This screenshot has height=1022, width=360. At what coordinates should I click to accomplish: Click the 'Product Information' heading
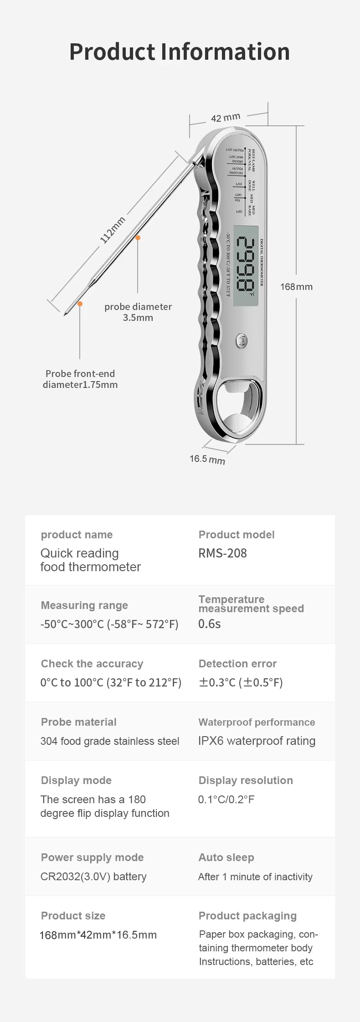[x=180, y=52]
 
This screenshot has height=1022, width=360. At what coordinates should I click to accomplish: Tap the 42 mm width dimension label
[x=225, y=118]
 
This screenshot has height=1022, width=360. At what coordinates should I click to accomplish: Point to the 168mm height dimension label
[x=296, y=287]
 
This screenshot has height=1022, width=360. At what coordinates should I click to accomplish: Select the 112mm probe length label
[x=113, y=230]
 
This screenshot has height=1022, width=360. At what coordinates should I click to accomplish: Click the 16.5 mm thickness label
[x=207, y=459]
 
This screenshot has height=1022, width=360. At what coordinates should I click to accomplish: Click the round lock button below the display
[x=241, y=340]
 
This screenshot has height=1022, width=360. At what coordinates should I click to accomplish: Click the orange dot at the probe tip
[x=80, y=304]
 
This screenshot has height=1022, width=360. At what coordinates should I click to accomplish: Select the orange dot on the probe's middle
[x=138, y=237]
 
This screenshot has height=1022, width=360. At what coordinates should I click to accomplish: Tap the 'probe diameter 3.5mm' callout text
[x=138, y=312]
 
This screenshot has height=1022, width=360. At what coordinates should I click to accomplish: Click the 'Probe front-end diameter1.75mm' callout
[x=80, y=379]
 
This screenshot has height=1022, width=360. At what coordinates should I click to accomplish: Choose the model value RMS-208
[x=222, y=553]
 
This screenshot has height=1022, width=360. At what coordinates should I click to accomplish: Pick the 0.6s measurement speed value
[x=209, y=624]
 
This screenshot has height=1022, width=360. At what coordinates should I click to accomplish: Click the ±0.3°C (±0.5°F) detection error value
[x=241, y=682]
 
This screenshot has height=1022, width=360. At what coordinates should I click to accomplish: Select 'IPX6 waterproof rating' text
[x=257, y=741]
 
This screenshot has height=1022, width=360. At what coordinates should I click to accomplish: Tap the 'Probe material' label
[x=79, y=722]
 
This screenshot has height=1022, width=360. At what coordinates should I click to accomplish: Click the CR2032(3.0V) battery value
[x=93, y=876]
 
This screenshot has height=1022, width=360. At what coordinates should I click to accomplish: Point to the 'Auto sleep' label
[x=226, y=857]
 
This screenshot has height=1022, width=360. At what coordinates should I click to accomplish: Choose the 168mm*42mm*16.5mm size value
[x=98, y=935]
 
